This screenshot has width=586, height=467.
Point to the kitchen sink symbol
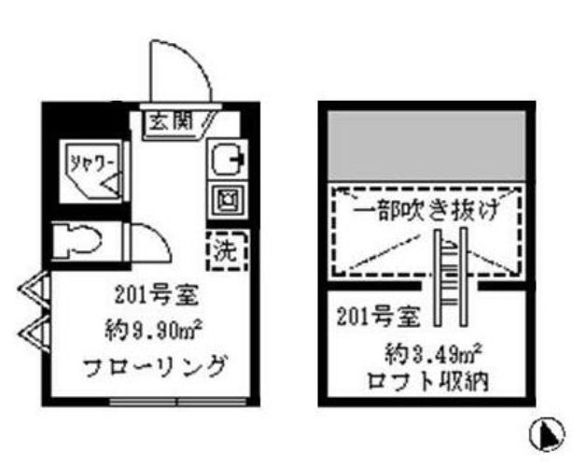225,162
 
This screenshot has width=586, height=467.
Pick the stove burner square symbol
225,198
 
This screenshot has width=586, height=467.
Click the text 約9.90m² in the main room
155,330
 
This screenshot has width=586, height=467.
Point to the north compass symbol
550,433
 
